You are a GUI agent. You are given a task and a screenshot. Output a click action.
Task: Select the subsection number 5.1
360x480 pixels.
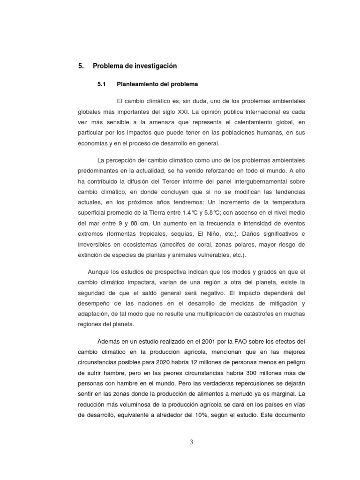pyautogui.click(x=102, y=84)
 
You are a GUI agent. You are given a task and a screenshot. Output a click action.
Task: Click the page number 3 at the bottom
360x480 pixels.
pyautogui.click(x=191, y=442)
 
